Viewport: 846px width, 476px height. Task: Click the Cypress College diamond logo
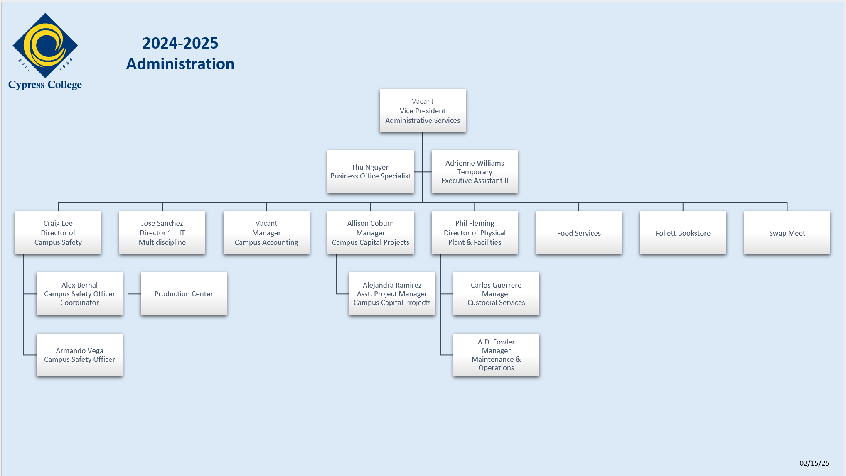click(45, 46)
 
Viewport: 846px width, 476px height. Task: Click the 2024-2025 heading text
click(180, 43)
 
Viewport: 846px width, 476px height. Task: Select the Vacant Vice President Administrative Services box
click(423, 111)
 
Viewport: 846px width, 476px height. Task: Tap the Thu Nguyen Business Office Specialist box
click(371, 172)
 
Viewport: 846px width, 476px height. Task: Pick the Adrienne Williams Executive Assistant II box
click(475, 172)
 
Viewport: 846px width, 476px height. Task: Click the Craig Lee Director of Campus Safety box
click(58, 233)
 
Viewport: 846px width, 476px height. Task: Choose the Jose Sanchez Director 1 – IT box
click(162, 233)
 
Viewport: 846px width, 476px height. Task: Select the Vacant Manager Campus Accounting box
click(266, 233)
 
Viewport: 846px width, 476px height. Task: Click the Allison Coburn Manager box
click(371, 233)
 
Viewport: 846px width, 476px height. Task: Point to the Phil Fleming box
click(475, 233)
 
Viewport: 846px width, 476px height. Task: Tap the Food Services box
click(579, 233)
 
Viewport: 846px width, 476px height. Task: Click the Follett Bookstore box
click(683, 233)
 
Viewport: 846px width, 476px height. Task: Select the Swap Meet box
click(787, 233)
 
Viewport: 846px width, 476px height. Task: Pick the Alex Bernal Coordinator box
click(80, 294)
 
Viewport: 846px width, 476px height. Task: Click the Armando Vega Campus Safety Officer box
click(80, 355)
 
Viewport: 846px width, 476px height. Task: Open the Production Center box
click(184, 294)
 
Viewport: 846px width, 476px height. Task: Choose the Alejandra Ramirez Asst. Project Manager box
click(392, 294)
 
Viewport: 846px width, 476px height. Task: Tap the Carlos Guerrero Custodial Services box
click(496, 294)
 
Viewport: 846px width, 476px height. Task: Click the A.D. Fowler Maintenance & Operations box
click(496, 355)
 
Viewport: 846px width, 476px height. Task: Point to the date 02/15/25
click(814, 463)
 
